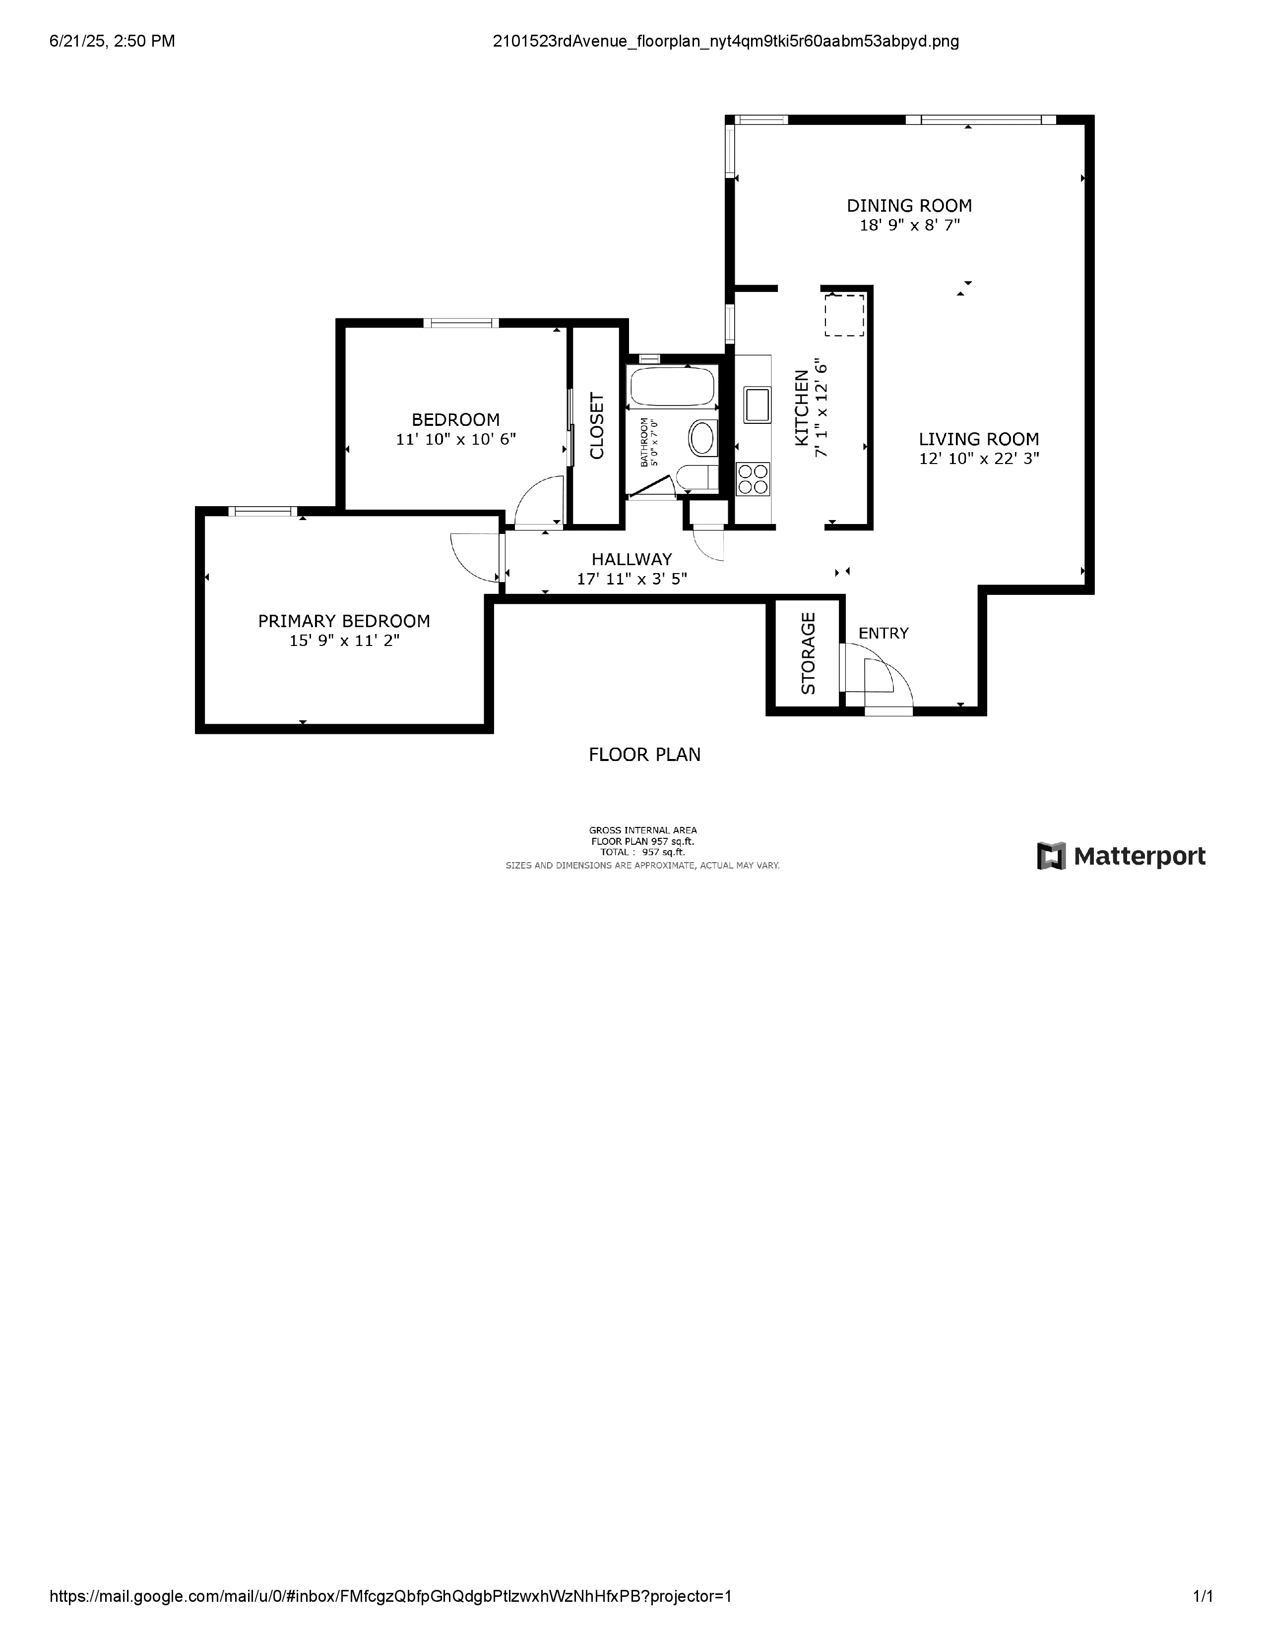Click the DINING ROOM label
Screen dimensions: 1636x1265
coord(908,205)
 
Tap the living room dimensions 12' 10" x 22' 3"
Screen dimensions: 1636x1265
coord(979,459)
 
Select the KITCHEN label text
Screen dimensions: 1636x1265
coord(801,408)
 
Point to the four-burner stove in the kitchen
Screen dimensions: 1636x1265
coord(753,479)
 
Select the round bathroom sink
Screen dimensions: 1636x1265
coord(702,438)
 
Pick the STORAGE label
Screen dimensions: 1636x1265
coord(808,653)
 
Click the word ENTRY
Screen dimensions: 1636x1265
coord(883,633)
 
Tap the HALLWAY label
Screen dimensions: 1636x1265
coord(631,559)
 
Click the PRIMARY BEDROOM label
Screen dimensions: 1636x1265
coord(344,621)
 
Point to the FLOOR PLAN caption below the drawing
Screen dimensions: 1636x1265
coord(644,755)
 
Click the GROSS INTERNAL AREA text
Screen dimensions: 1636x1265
coord(642,830)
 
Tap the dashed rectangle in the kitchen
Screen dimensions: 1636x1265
coord(844,315)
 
